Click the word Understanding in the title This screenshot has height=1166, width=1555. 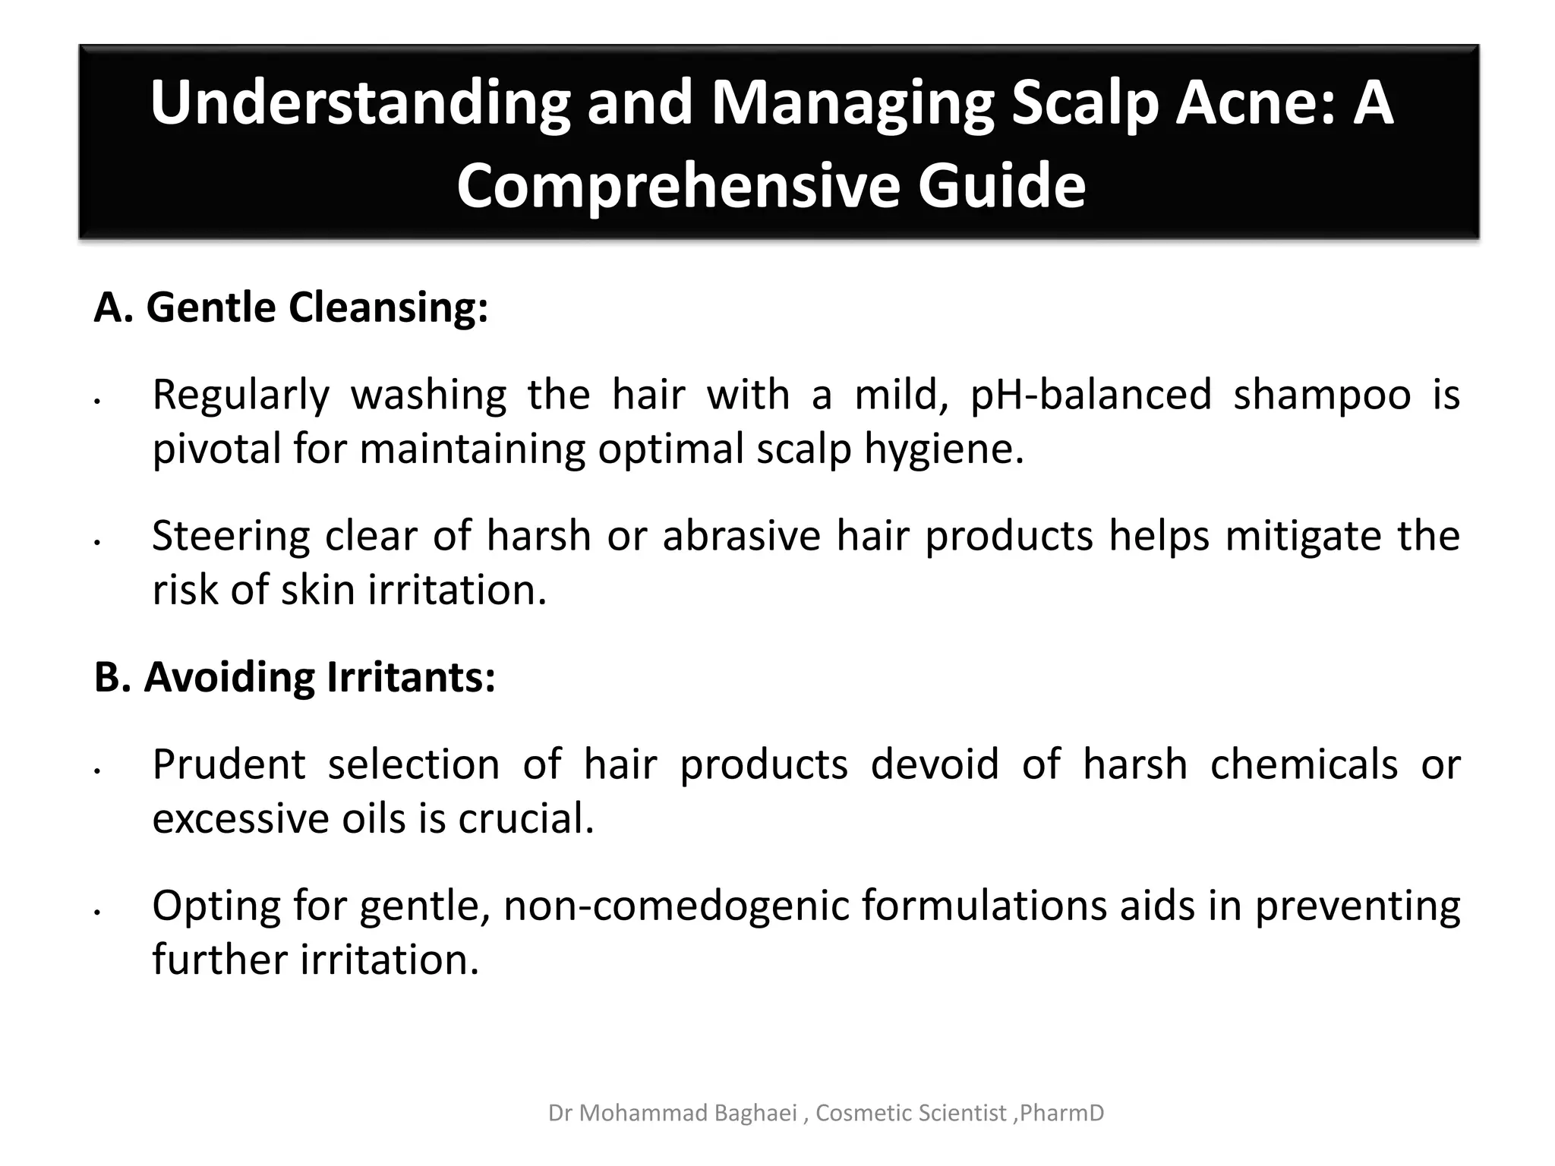coord(359,104)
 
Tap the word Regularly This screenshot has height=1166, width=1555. coord(241,395)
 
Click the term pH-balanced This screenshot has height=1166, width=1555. coord(1091,395)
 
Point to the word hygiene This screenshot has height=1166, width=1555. coord(944,450)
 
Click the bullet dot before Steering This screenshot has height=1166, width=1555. coord(97,543)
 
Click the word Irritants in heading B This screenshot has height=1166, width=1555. coord(411,676)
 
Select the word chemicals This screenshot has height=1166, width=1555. coord(1304,764)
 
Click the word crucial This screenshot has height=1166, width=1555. coord(525,818)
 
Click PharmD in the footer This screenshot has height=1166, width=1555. coord(1061,1113)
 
